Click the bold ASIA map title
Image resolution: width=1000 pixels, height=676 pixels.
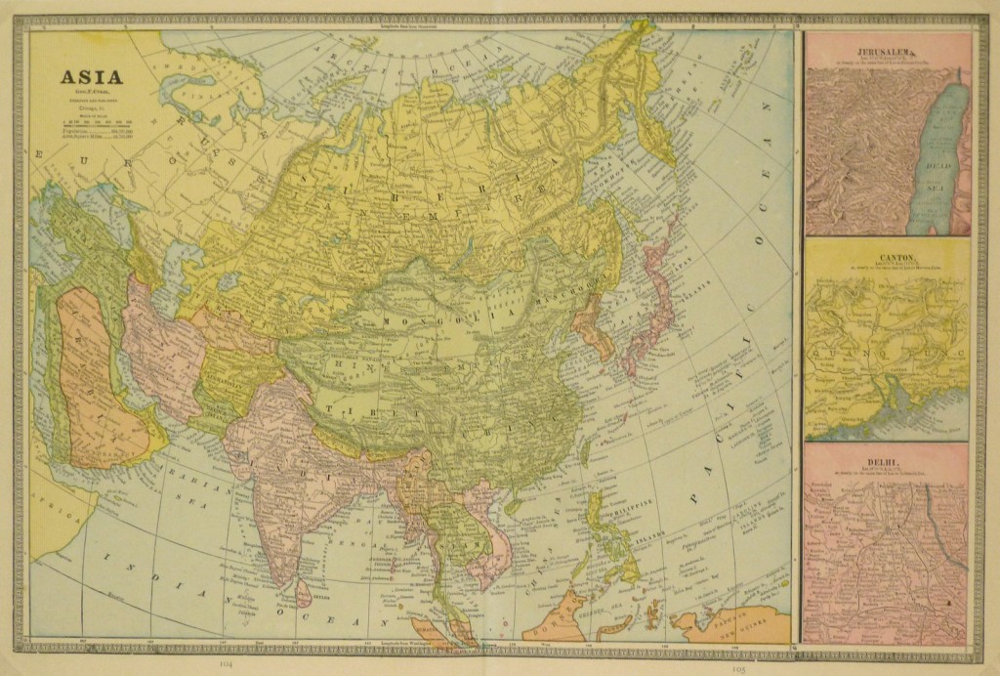pos(93,78)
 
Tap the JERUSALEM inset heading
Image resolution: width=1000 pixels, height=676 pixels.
pos(886,50)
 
